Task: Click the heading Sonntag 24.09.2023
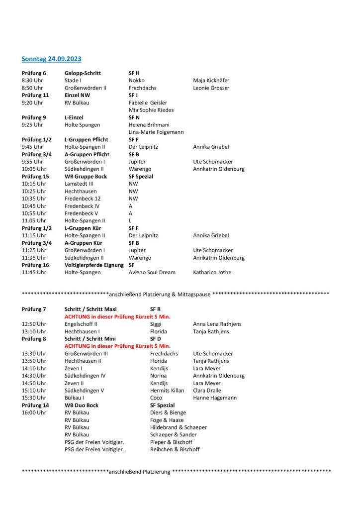[51, 59]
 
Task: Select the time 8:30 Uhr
[32, 81]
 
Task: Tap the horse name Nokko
[136, 81]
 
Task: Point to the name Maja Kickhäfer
[211, 81]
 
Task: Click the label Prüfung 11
[35, 95]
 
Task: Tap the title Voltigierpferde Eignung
[94, 265]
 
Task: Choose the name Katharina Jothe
[212, 272]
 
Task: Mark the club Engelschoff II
[81, 324]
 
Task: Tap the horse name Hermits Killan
[167, 391]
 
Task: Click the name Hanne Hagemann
[215, 398]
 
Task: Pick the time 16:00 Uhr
[34, 412]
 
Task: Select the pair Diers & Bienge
[168, 412]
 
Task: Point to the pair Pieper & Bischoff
[171, 442]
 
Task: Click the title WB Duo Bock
[82, 405]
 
